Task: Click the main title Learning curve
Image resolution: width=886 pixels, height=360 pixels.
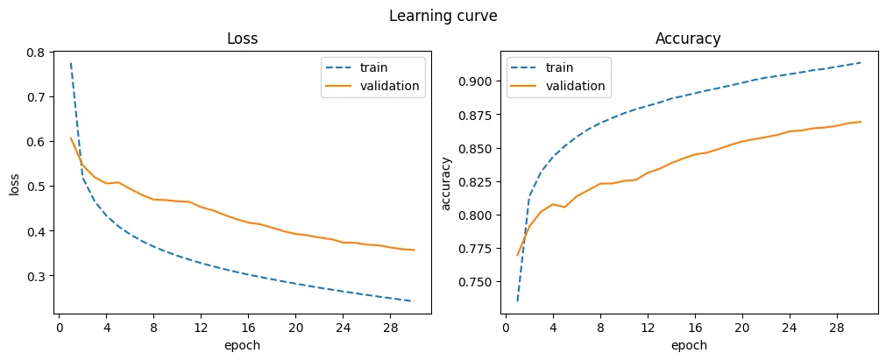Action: (x=443, y=17)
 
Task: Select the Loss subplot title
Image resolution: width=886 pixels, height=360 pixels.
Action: (x=243, y=39)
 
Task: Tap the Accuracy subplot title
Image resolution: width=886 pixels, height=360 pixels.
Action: (x=688, y=39)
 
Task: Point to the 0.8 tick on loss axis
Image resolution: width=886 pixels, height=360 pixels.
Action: (x=38, y=53)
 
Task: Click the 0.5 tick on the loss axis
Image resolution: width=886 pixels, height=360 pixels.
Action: (x=38, y=187)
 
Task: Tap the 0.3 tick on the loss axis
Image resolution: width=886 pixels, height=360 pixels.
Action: (x=38, y=276)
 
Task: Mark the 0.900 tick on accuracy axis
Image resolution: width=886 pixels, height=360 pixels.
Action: (x=478, y=81)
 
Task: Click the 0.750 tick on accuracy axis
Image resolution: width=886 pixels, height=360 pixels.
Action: (x=478, y=282)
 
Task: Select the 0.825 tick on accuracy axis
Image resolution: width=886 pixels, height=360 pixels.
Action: (x=478, y=182)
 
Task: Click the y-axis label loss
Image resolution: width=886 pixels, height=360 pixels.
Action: (x=15, y=184)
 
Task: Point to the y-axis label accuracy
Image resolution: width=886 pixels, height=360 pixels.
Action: (x=448, y=184)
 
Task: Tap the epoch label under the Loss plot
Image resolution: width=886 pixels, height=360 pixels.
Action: (x=243, y=345)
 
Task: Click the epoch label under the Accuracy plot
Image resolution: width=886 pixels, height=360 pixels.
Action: (x=689, y=345)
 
